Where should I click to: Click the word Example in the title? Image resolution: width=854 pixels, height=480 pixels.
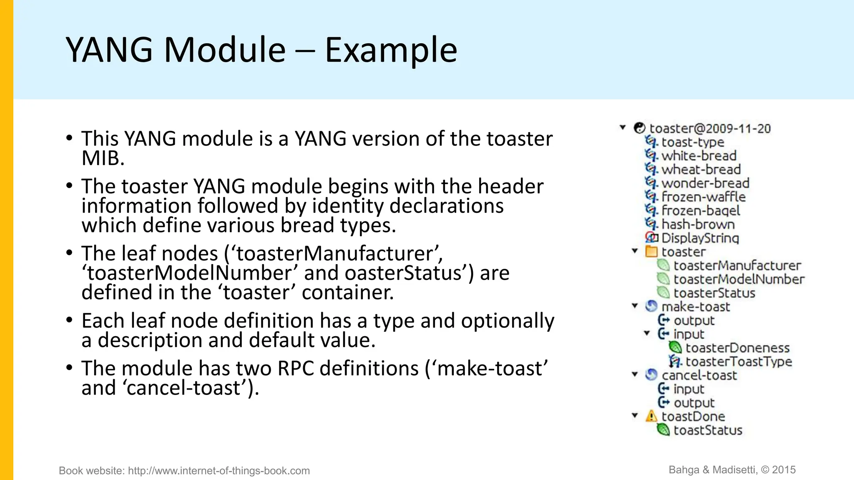[x=391, y=50]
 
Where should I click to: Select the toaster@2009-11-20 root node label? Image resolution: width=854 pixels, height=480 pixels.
[x=710, y=128]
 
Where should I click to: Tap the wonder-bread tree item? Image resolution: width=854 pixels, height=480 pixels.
[x=705, y=183]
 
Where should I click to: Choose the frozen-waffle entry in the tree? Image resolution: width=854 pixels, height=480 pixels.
[x=703, y=197]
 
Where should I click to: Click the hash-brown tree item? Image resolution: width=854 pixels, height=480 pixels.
[x=698, y=224]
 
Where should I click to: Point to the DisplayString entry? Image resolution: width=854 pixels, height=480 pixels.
[x=700, y=238]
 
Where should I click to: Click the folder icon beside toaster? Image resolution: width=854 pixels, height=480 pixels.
[x=651, y=252]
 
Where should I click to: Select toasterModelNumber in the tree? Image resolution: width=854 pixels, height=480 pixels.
[x=739, y=279]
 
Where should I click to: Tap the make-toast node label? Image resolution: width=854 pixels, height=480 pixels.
[x=696, y=307]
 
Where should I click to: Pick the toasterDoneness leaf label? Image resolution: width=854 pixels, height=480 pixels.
[x=737, y=348]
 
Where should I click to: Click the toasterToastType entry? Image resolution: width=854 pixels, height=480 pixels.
[x=738, y=362]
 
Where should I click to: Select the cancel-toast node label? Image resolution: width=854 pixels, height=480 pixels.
[x=699, y=375]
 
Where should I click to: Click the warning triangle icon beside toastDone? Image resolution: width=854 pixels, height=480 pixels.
[x=651, y=416]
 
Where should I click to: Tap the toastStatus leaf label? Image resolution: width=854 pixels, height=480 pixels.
[x=708, y=430]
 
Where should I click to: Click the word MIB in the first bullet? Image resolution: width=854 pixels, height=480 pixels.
[x=103, y=158]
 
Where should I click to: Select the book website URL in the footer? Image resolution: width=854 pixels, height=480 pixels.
[x=219, y=471]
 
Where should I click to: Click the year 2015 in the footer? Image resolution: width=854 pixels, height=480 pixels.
[x=784, y=470]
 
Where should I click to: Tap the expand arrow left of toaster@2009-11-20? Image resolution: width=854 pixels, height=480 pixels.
[x=623, y=127]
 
